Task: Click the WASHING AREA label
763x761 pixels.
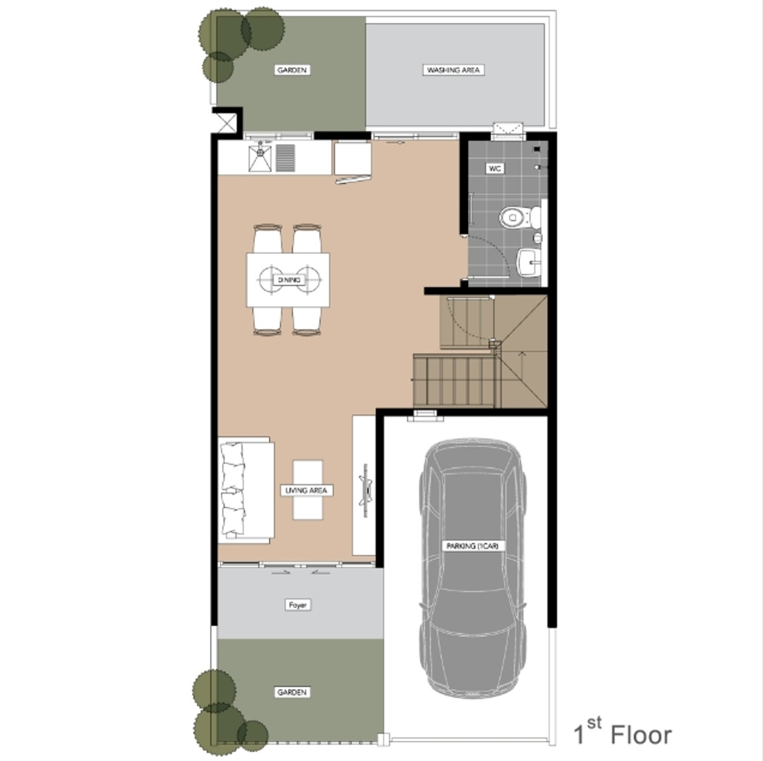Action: point(453,70)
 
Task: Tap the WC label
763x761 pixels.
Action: point(495,169)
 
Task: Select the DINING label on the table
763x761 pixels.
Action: point(289,280)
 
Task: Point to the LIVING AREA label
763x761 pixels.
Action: point(306,491)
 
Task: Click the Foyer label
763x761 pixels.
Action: point(298,605)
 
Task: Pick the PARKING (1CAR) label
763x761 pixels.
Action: point(472,546)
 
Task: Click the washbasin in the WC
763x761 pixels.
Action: point(528,262)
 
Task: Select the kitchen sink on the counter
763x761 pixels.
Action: point(260,158)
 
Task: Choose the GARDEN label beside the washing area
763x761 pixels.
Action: point(292,70)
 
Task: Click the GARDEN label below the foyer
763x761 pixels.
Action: point(292,692)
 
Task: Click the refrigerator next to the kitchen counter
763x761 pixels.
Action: point(352,159)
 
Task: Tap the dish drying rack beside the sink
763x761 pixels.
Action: point(285,158)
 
